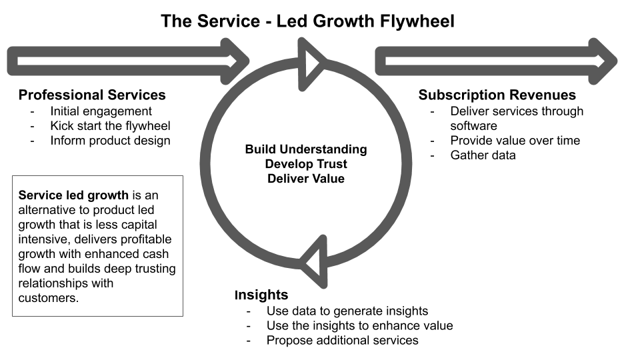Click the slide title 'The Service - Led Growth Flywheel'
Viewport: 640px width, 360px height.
307,21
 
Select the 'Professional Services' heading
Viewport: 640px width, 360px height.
92,95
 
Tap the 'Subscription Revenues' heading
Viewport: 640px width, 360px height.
497,95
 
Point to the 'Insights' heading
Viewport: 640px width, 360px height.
261,295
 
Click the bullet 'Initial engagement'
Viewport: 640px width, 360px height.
101,111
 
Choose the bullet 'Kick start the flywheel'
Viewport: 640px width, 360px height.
110,126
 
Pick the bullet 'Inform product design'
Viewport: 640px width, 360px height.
110,141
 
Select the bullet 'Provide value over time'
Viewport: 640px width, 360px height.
515,141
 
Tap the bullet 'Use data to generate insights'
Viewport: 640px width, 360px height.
347,311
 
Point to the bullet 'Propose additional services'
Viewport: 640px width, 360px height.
342,340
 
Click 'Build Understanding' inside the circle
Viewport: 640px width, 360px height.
306,149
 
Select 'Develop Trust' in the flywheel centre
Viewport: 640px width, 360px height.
306,163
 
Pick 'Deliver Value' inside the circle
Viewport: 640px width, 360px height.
306,178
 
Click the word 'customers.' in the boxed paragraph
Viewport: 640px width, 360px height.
49,298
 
